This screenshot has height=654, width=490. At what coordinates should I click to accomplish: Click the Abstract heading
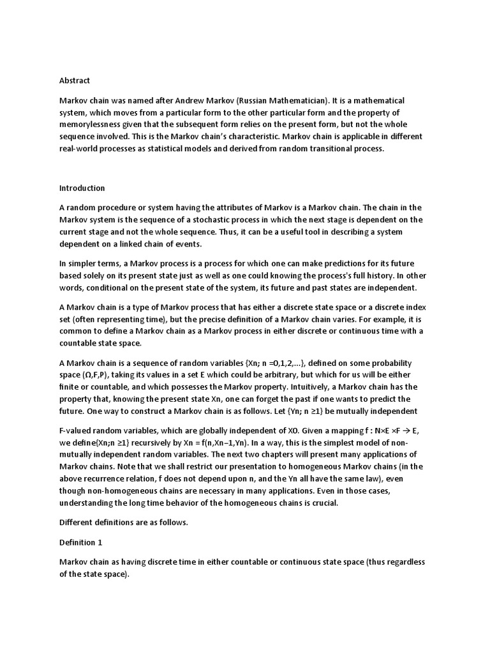tap(75, 80)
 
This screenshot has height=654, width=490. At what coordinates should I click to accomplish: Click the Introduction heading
tap(82, 188)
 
